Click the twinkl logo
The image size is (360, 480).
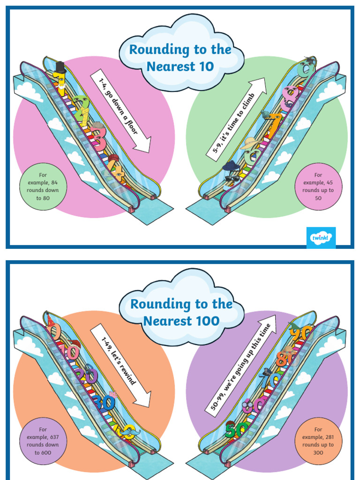(x=321, y=238)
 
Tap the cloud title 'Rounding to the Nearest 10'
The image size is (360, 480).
(x=180, y=58)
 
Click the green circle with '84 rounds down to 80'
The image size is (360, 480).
(x=43, y=187)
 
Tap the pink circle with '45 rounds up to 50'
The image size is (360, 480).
(x=318, y=187)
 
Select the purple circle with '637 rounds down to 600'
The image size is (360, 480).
(x=43, y=441)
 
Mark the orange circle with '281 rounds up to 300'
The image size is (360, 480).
(x=318, y=441)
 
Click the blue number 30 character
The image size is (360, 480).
(x=104, y=402)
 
